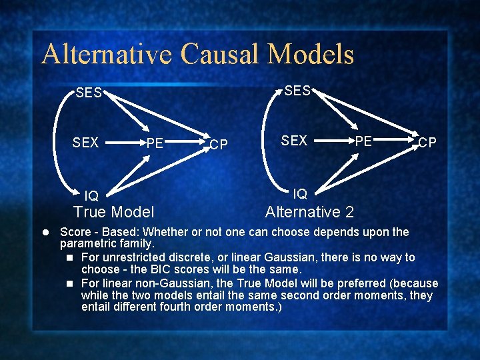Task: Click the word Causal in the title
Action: click(219, 54)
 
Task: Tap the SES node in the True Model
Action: click(89, 93)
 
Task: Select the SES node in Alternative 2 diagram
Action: click(297, 91)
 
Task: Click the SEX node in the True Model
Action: click(86, 143)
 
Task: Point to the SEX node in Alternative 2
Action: click(294, 141)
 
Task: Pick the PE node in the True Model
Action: click(155, 143)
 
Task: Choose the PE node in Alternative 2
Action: click(363, 141)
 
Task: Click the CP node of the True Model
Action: click(219, 145)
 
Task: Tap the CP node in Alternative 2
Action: click(427, 143)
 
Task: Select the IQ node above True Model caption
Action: click(91, 195)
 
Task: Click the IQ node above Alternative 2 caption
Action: click(300, 193)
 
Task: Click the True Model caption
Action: click(114, 213)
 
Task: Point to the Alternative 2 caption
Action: click(309, 213)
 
